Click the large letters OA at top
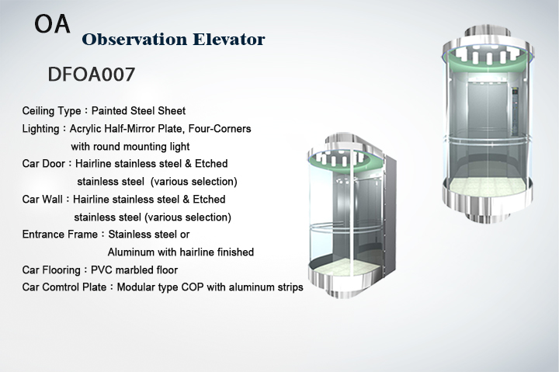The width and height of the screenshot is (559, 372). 52,24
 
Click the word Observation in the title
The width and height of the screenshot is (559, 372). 134,40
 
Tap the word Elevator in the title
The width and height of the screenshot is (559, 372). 229,40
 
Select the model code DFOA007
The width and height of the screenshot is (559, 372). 92,75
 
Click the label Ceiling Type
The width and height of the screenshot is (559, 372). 51,111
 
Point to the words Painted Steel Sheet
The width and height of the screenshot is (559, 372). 138,111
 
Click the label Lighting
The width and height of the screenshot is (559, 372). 40,128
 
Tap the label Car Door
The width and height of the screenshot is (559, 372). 43,164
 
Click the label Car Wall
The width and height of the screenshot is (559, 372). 42,199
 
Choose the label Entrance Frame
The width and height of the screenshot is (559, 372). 60,235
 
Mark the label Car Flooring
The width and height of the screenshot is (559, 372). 51,270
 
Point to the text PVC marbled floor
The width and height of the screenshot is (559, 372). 134,270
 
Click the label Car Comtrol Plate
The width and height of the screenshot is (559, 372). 64,287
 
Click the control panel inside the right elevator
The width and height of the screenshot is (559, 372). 515,112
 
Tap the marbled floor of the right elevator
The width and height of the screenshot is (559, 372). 488,186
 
